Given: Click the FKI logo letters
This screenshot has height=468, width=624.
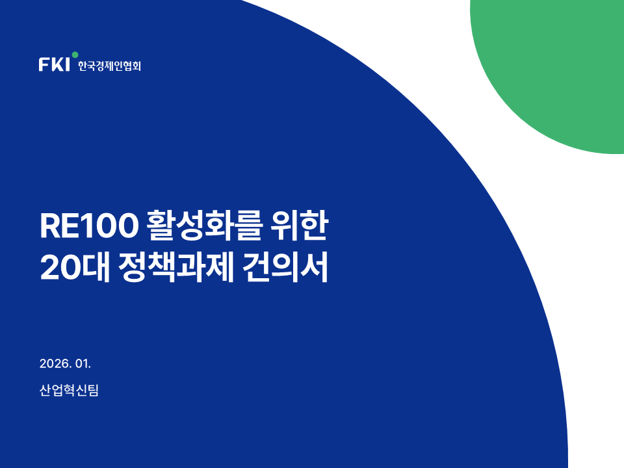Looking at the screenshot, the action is (54, 64).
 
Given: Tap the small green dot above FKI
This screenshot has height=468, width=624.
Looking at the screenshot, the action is (75, 55).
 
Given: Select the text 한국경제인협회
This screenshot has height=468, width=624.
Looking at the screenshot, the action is (109, 66).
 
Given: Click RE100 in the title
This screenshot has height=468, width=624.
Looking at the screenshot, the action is (89, 226).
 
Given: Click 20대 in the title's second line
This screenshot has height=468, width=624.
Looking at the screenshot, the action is (75, 267).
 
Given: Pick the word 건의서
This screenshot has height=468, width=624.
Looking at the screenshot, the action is (285, 267).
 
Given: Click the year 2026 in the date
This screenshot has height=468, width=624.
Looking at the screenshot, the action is (55, 363).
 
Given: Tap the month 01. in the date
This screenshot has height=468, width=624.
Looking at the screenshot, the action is (83, 363).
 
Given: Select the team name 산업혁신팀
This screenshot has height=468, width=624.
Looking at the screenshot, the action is (69, 390).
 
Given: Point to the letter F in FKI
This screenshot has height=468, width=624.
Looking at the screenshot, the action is (44, 64).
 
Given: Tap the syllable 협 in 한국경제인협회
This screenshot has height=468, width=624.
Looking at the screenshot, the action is (125, 66).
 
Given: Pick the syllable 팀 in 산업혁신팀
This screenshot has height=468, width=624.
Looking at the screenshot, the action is (93, 390).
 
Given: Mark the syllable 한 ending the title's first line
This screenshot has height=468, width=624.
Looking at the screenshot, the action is (314, 226).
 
